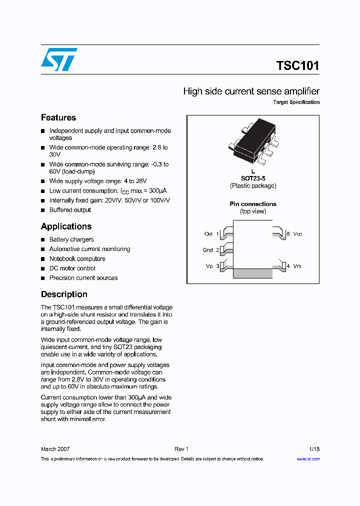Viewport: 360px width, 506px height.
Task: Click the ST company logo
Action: [x=58, y=59]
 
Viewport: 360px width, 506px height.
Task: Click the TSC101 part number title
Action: [x=297, y=66]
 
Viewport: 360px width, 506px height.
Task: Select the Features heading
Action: [x=58, y=117]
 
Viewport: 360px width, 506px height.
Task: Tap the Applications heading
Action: [x=66, y=226]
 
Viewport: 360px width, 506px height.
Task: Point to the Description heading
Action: [x=64, y=294]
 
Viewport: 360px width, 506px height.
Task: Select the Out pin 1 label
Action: [x=211, y=234]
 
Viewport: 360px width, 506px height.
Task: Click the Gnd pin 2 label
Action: [x=210, y=250]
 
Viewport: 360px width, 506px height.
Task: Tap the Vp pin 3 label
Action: [x=212, y=266]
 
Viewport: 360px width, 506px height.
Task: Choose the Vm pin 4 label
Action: [x=294, y=266]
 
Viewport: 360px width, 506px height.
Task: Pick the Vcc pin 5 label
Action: [x=294, y=234]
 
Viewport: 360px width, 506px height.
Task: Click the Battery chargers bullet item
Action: [x=71, y=239]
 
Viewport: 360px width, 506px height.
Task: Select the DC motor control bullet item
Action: [x=72, y=268]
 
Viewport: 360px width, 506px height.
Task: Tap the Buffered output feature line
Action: [x=70, y=210]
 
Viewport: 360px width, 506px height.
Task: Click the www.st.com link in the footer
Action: [x=308, y=459]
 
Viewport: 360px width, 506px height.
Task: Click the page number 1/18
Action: [x=314, y=449]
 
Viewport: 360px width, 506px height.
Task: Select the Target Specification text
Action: [x=296, y=102]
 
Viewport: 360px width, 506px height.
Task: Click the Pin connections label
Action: [x=253, y=204]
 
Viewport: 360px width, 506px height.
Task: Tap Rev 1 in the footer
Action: [x=181, y=449]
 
